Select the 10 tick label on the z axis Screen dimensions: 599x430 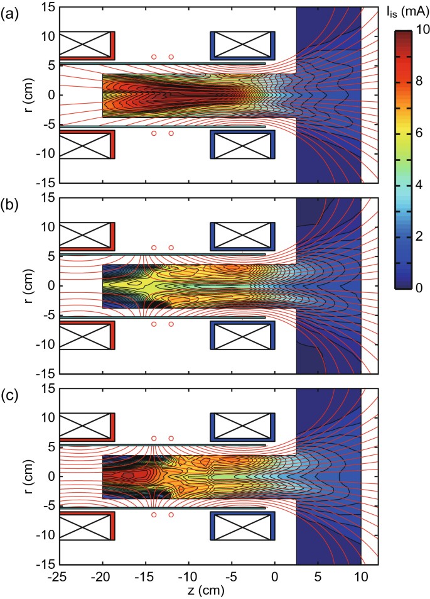click(x=361, y=576)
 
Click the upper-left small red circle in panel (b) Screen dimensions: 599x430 click(x=154, y=248)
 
